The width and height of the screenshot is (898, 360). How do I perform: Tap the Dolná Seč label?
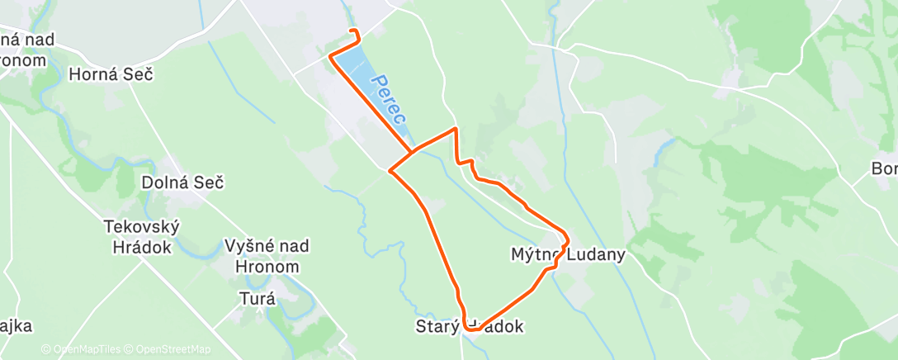(182, 182)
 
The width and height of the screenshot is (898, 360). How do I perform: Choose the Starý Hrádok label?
(470, 327)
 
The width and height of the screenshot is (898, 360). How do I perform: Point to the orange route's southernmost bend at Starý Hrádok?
(473, 329)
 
